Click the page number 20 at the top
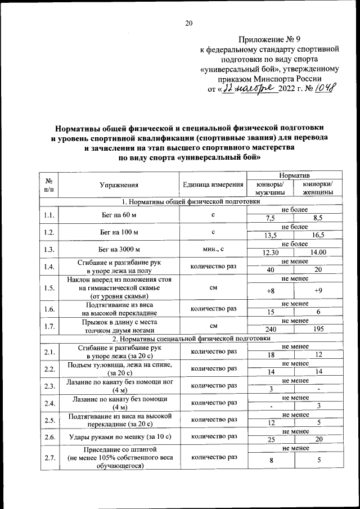point(188,23)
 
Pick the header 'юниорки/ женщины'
point(317,188)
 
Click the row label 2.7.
point(48,458)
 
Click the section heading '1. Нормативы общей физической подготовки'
point(191,201)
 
